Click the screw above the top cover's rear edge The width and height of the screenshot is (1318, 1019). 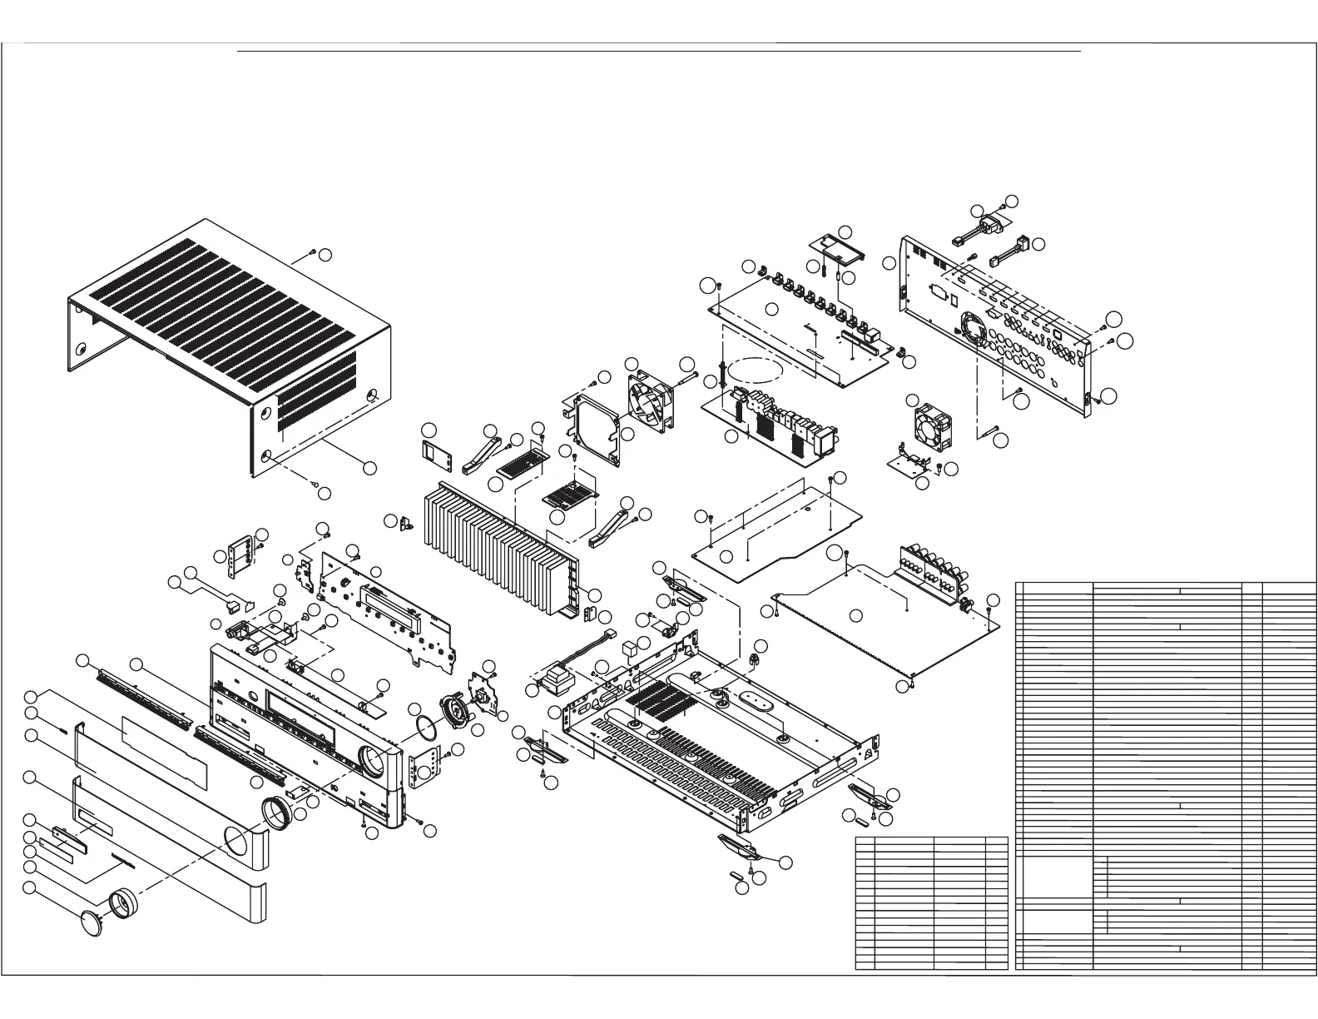coord(312,251)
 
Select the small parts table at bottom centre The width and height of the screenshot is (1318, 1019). coord(931,903)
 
